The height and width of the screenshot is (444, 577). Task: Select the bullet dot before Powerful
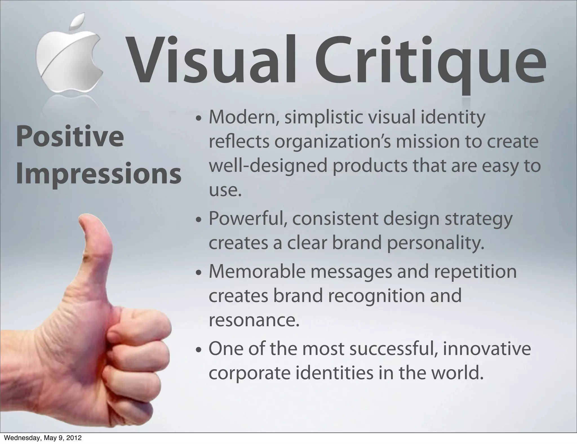199,221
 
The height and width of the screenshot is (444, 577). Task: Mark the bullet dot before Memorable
199,273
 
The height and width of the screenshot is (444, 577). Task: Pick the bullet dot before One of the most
199,351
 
